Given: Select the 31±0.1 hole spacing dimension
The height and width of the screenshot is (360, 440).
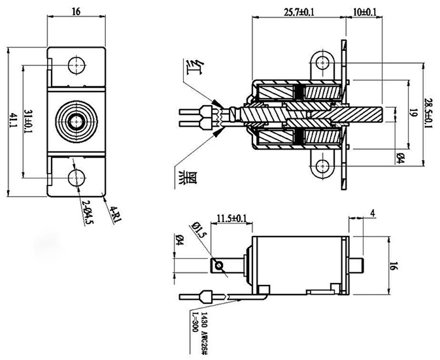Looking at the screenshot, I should pyautogui.click(x=29, y=120).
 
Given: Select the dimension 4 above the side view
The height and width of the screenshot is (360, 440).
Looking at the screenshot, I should pyautogui.click(x=372, y=213).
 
